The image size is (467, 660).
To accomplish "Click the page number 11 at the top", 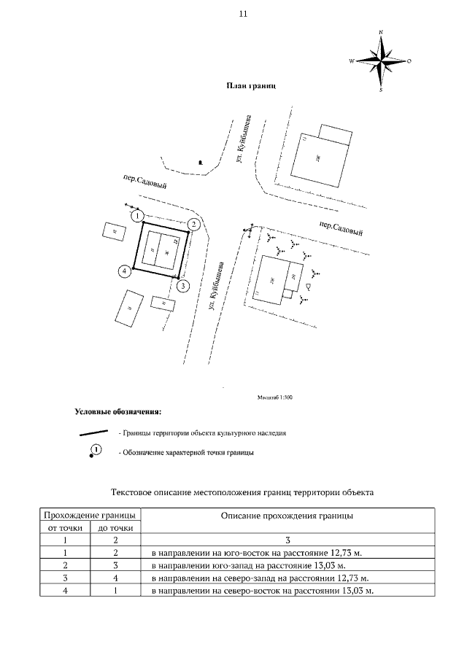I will point(242,15).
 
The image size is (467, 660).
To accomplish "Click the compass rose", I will point(381,61).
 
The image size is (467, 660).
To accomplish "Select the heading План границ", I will point(251,86).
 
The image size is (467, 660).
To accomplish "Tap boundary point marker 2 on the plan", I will point(193,224).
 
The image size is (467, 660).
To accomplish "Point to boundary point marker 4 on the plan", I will point(125,271).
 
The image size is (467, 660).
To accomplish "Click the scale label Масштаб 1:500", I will point(274,397).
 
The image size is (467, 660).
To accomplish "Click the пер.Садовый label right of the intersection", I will point(341,228).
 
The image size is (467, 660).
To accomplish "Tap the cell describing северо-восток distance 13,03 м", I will point(262,590).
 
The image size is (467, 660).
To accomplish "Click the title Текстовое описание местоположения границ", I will point(242,492).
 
